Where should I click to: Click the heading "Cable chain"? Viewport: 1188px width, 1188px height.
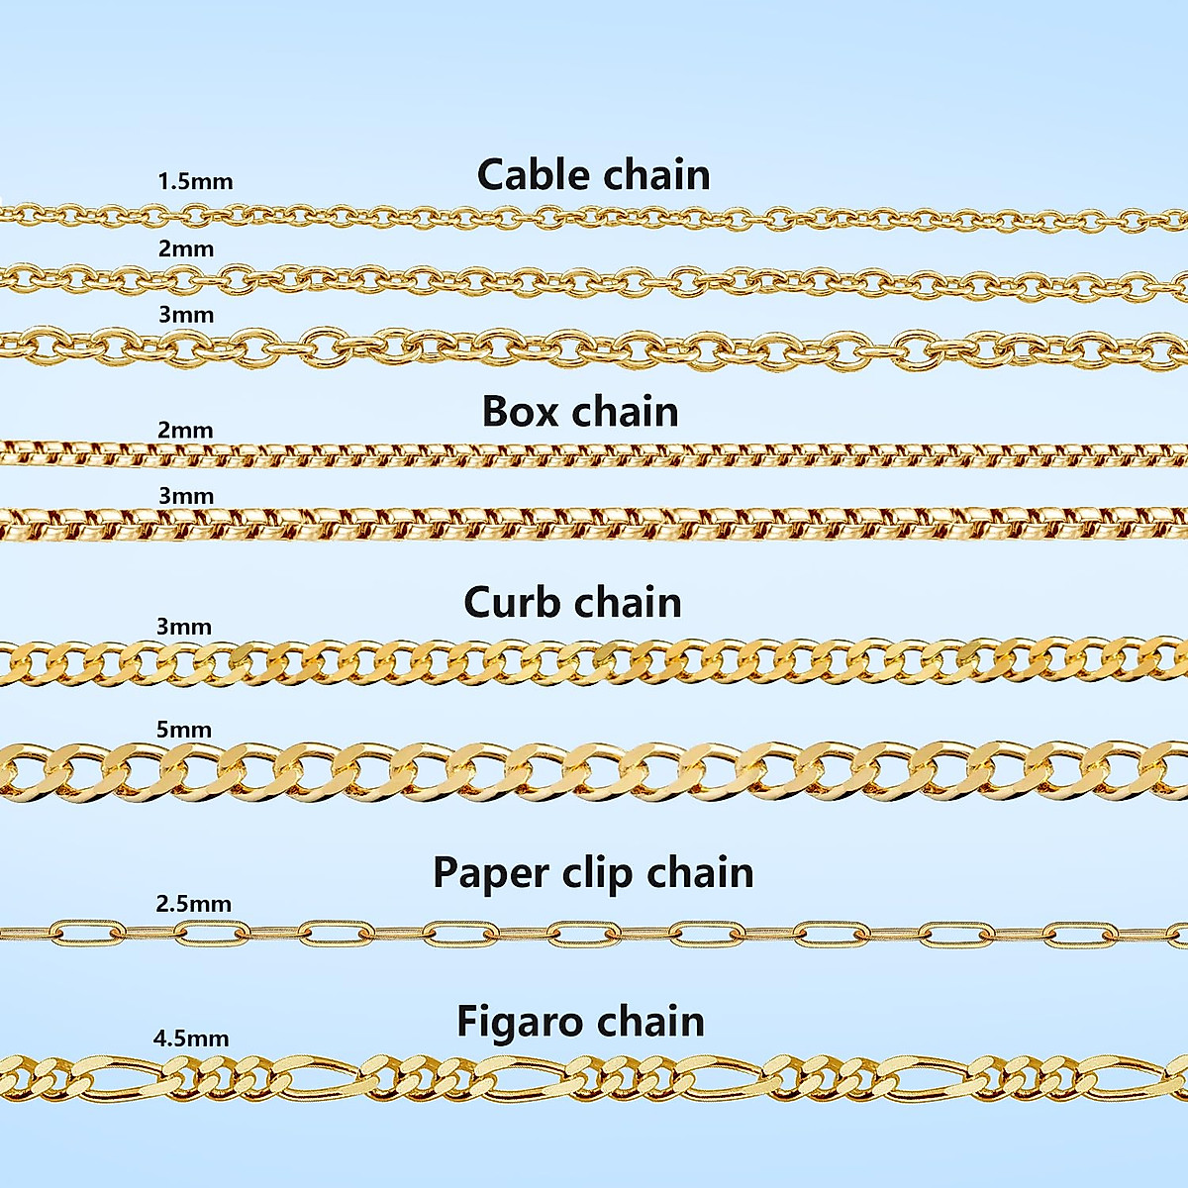[x=593, y=174]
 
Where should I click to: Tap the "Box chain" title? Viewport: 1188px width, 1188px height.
[x=580, y=411]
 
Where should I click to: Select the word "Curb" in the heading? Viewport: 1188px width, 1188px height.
[x=515, y=602]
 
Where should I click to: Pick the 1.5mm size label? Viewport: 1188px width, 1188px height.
[x=195, y=182]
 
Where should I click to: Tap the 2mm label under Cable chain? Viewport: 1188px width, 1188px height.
[x=185, y=248]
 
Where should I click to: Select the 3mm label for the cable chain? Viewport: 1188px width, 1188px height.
[x=185, y=315]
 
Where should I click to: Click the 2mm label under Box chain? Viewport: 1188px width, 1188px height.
[x=185, y=430]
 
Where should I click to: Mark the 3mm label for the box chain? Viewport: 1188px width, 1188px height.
[x=185, y=495]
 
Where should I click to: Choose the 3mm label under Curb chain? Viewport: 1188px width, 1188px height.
[x=184, y=627]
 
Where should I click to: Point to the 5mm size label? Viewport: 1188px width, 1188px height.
[x=184, y=730]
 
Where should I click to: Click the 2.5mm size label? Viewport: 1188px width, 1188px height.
[x=193, y=904]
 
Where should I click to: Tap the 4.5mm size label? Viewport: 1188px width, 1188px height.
[x=191, y=1039]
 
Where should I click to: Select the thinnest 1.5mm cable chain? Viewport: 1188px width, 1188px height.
[x=594, y=214]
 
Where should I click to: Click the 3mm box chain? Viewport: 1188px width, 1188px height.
[x=594, y=524]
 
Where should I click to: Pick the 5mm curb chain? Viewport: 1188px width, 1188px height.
[x=594, y=770]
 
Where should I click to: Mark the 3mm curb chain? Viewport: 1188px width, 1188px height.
[x=594, y=661]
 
